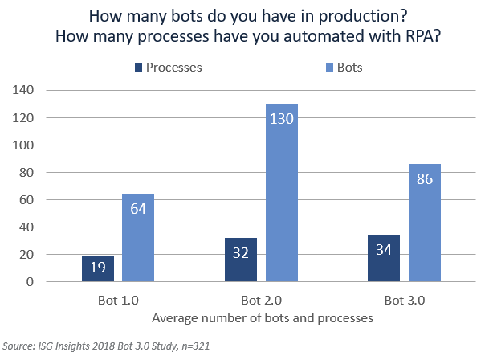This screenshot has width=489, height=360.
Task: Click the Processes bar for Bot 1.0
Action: (x=98, y=268)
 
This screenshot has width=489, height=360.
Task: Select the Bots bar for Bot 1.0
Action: (x=137, y=238)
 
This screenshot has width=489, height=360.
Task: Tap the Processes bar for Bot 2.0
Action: (x=241, y=260)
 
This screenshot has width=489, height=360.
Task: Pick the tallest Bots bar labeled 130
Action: (x=281, y=193)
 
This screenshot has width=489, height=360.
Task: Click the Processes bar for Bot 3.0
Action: (x=383, y=259)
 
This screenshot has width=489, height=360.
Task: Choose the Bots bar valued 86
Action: (x=425, y=223)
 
